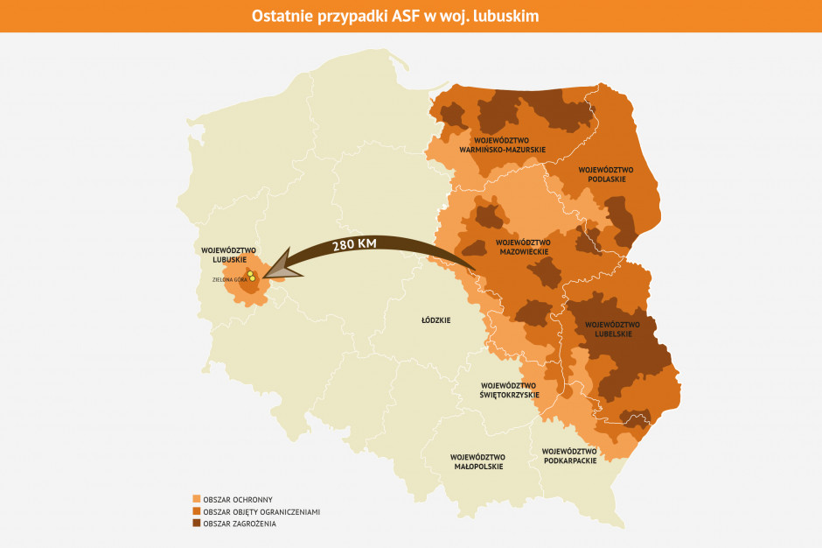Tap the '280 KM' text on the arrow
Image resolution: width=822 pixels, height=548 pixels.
[354, 246]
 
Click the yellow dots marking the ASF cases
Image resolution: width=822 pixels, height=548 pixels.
[251, 277]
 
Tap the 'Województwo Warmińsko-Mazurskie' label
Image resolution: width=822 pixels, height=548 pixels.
[503, 144]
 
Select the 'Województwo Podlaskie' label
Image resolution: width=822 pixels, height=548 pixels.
[605, 174]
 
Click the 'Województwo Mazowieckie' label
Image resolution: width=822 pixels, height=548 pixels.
[522, 247]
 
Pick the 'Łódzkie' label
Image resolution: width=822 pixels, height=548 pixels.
[435, 320]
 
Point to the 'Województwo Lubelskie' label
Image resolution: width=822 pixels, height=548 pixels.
[612, 328]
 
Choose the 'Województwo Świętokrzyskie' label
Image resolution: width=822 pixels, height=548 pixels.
[510, 390]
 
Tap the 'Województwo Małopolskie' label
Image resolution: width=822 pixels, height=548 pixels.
[477, 461]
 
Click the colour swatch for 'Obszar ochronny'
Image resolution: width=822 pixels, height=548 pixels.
[196, 499]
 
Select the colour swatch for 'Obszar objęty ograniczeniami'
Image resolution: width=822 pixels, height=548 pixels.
[196, 511]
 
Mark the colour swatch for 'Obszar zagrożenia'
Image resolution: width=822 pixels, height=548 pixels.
[196, 523]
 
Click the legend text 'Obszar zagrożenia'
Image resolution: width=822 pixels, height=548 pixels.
[239, 523]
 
